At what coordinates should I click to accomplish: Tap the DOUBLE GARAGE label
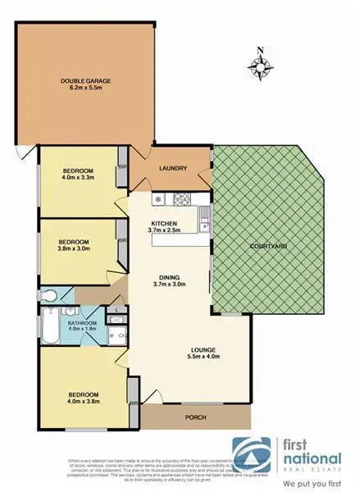click(x=85, y=80)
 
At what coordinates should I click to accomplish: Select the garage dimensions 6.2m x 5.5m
click(x=85, y=89)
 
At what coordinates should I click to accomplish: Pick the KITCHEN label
click(x=165, y=223)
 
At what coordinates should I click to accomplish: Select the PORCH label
click(x=194, y=417)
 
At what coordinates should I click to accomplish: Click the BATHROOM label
click(x=83, y=323)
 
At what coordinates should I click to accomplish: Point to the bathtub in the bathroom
click(x=48, y=330)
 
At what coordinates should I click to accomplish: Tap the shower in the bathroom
click(x=117, y=331)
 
